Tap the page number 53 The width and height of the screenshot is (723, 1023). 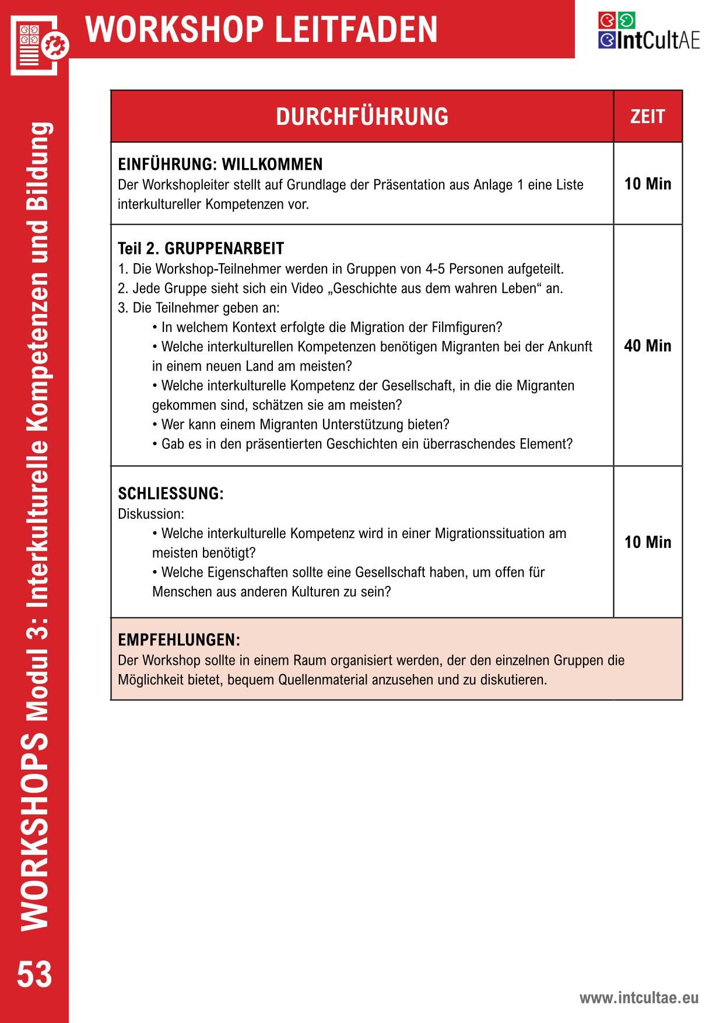(x=34, y=976)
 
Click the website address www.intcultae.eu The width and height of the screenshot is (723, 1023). (x=638, y=998)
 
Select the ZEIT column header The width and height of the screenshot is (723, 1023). (x=647, y=117)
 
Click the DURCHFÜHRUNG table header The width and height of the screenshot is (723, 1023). (x=362, y=117)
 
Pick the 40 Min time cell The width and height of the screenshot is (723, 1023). (x=647, y=346)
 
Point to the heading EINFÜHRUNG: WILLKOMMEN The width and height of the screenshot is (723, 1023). (x=220, y=164)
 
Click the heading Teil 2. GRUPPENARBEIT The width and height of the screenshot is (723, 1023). (x=201, y=249)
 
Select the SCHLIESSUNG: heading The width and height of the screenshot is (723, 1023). (x=170, y=494)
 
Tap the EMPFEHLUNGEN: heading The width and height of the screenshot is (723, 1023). (x=179, y=640)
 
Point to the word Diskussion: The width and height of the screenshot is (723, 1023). (x=150, y=514)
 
